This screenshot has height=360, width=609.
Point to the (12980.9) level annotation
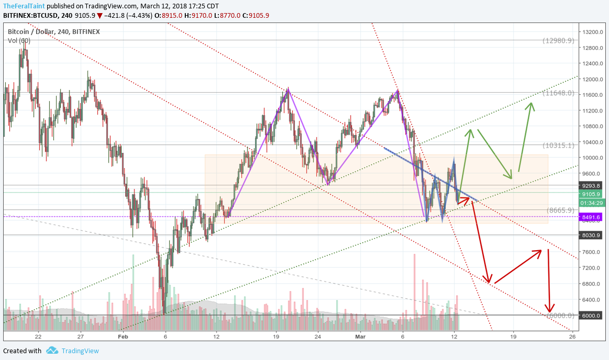tap(559, 40)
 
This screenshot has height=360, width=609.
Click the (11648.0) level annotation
tap(559, 93)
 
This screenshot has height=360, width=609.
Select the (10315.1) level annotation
tap(559, 145)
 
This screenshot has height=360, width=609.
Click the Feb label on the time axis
tap(123, 336)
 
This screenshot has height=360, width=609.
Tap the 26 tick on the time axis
tap(572, 336)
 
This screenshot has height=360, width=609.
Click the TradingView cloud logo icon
tap(52, 351)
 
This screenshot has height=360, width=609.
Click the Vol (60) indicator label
tap(19, 40)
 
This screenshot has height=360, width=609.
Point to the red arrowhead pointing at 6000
tap(550, 308)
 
